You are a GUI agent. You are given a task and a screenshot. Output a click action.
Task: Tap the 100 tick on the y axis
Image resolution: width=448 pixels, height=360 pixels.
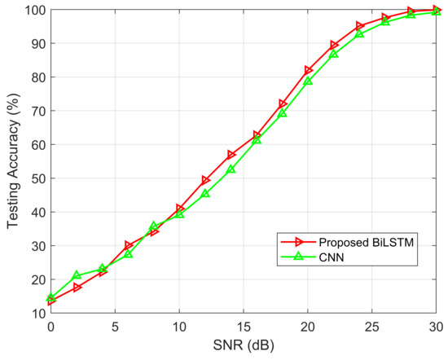[34, 11]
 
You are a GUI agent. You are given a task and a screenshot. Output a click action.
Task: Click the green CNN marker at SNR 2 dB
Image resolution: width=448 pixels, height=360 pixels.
[77, 275]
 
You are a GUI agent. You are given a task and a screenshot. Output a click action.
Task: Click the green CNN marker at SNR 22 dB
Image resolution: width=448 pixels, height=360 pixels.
[334, 54]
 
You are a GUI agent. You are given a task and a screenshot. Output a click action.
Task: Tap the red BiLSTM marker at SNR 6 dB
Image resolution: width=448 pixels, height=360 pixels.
[129, 244]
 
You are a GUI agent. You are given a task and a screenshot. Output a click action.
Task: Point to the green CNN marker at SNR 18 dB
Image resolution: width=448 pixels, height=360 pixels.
[283, 113]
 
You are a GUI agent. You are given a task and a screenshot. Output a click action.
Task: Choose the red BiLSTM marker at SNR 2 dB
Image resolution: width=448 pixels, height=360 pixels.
[77, 288]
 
